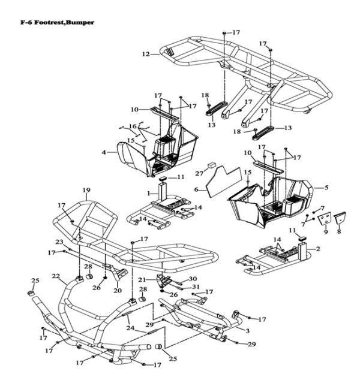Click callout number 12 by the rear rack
[x=146, y=55]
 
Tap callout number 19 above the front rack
[x=86, y=191]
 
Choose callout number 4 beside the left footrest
[x=104, y=153]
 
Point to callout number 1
[x=149, y=194]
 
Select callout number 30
[x=193, y=279]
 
